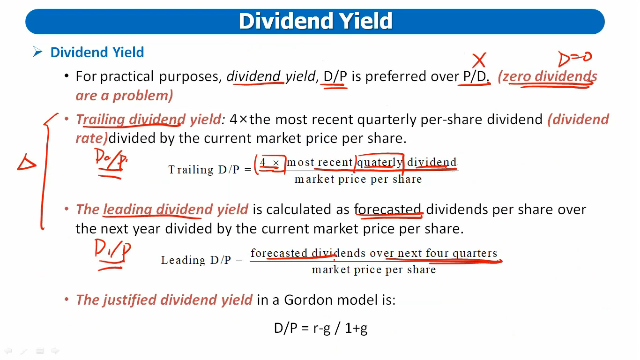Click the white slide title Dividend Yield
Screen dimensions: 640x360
(315, 21)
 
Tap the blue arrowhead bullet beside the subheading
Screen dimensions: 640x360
(37, 52)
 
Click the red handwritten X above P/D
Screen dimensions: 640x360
(479, 60)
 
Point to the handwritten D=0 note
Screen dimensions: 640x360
(575, 58)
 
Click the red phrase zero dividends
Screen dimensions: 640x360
(550, 76)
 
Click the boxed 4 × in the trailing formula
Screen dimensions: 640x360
(270, 163)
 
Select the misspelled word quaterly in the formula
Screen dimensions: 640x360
(380, 162)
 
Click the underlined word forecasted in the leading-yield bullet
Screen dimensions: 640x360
(388, 210)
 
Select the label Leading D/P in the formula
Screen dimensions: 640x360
(196, 260)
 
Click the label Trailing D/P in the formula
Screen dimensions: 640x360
(204, 170)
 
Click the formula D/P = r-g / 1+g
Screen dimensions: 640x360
(320, 328)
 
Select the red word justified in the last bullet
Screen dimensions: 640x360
(129, 300)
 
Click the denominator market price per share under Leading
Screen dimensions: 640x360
(374, 270)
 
